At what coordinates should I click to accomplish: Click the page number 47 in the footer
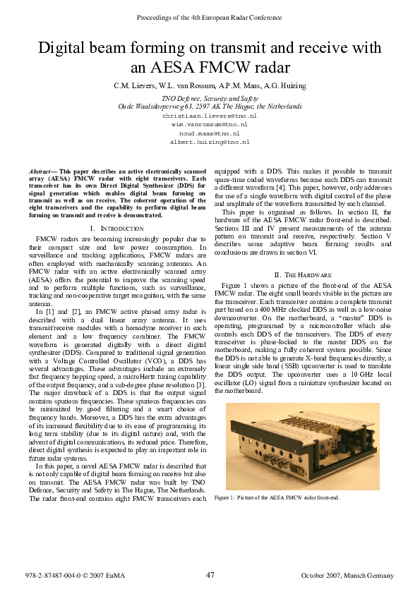pyautogui.click(x=210, y=575)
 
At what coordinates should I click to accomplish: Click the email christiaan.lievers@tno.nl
pyautogui.click(x=210, y=115)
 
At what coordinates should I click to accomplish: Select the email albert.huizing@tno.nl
pyautogui.click(x=210, y=142)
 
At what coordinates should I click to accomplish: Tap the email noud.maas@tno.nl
pyautogui.click(x=210, y=133)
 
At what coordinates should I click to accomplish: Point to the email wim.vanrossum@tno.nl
pyautogui.click(x=210, y=123)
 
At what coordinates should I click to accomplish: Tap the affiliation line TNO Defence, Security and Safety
pyautogui.click(x=210, y=98)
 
